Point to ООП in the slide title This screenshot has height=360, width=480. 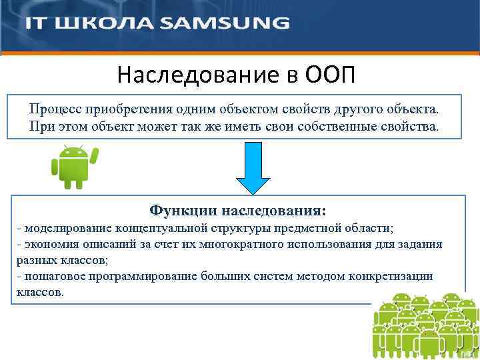331,75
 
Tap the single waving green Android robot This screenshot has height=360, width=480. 73,167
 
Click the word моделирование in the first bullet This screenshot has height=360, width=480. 63,229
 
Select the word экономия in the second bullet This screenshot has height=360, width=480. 47,245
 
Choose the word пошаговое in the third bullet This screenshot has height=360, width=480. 49,277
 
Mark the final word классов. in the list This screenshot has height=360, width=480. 40,293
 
